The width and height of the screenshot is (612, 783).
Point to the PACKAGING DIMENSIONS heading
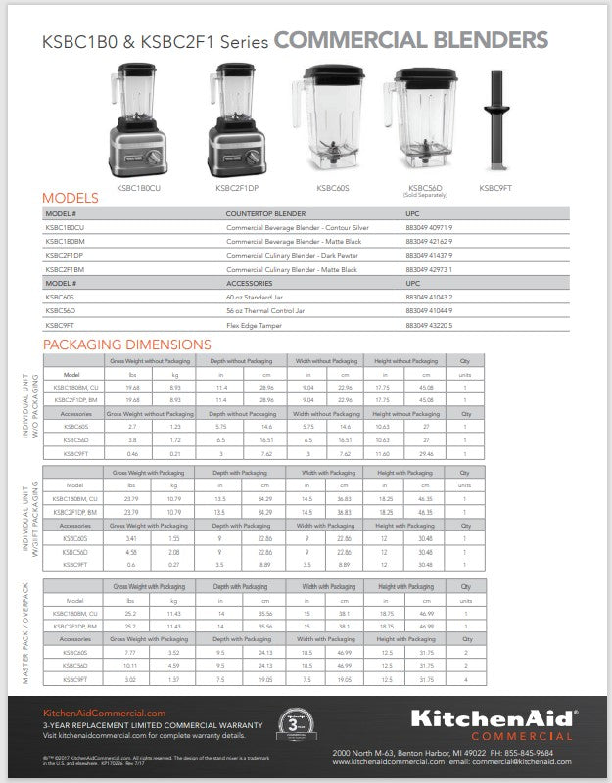click(126, 345)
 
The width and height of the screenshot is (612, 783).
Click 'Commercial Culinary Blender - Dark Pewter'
click(291, 254)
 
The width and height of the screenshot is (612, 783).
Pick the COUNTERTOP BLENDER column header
click(265, 213)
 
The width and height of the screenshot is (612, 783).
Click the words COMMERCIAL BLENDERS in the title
click(410, 40)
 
